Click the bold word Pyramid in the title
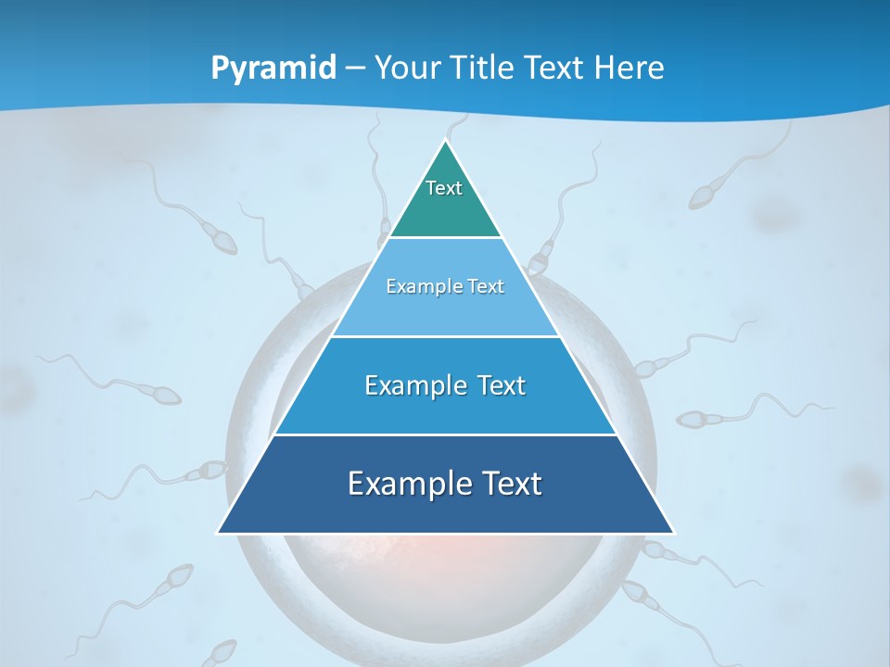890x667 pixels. pos(273,69)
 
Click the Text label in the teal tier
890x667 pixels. pos(444,188)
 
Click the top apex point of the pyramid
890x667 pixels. pos(446,141)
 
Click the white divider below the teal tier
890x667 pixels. pos(446,238)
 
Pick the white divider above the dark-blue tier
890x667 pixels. pos(446,434)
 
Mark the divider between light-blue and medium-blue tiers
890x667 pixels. pos(446,336)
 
